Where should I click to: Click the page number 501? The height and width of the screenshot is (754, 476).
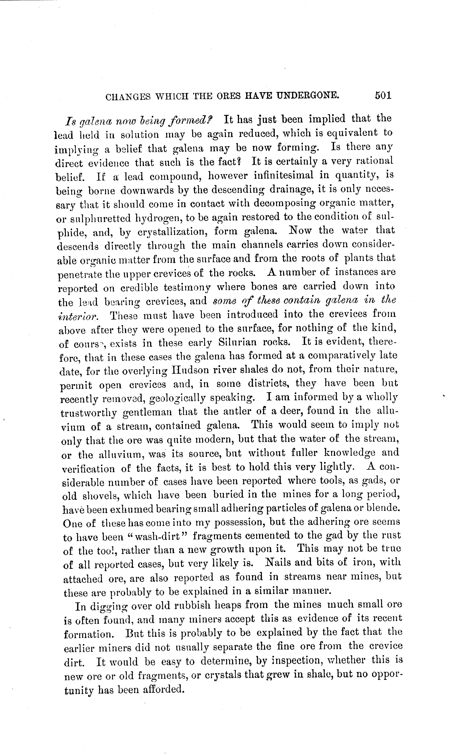[x=383, y=96]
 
